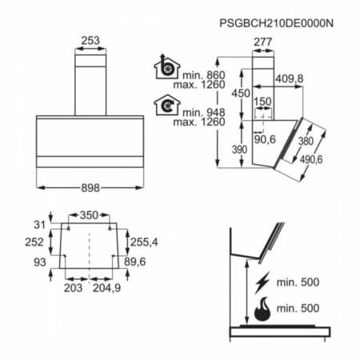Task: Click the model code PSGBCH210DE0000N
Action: (276, 23)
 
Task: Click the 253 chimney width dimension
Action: (90, 41)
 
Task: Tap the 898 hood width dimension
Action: (90, 188)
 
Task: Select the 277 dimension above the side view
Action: (263, 42)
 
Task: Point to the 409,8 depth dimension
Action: (290, 78)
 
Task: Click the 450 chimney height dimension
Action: (241, 94)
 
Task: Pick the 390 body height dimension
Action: (239, 150)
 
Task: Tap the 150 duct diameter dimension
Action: (262, 102)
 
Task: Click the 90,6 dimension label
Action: (265, 139)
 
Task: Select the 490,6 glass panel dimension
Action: (311, 159)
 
